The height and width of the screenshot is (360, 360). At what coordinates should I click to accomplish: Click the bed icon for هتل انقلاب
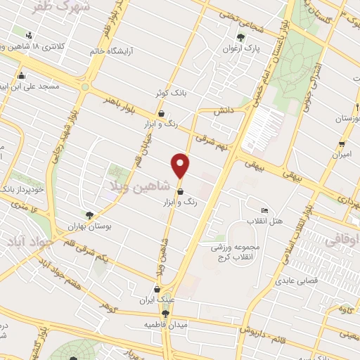[x=264, y=211]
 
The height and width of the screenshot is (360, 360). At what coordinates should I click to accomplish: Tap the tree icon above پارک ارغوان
[x=241, y=37]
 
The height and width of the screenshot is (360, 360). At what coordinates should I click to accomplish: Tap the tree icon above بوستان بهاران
[x=89, y=215]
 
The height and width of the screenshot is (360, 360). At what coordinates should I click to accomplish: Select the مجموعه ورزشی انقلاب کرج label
[x=238, y=252]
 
